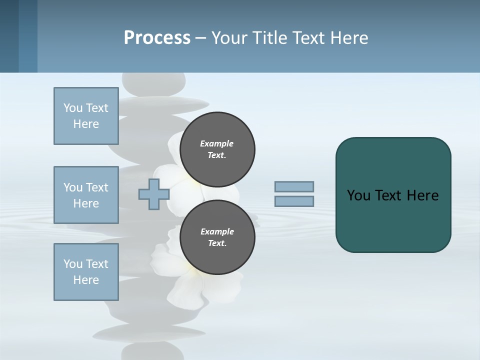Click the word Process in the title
pos(157,38)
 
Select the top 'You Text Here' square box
pos(86,116)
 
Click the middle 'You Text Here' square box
pos(86,195)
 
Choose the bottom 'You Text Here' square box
pos(86,272)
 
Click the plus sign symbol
pos(153,194)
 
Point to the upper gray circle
pos(217,149)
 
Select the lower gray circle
pos(217,237)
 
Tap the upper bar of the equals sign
pos(294,186)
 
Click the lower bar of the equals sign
pos(294,201)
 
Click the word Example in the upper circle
pos(217,143)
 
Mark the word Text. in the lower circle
pos(217,243)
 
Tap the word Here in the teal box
pos(422,195)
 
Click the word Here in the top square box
pos(86,124)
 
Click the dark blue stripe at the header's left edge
pos(9,36)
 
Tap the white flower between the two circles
pos(185,192)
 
